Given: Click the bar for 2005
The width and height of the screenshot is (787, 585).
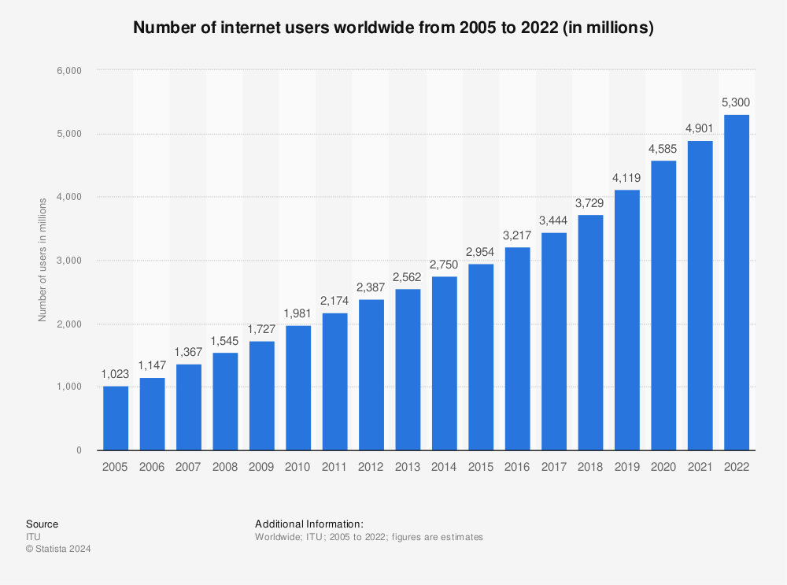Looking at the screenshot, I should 116,418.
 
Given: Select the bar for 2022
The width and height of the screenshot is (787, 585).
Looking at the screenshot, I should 737,283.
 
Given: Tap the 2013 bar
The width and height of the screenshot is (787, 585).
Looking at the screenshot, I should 408,369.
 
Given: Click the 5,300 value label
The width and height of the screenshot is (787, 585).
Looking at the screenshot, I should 737,102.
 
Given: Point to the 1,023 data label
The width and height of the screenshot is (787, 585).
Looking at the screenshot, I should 116,374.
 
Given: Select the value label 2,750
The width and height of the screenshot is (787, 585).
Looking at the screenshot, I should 444,265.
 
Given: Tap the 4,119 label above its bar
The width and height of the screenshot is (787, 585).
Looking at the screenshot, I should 627,178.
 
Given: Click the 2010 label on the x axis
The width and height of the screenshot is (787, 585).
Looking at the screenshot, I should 298,467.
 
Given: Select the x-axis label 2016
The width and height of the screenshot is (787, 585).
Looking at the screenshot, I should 517,467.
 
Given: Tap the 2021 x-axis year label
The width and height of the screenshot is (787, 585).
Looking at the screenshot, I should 700,467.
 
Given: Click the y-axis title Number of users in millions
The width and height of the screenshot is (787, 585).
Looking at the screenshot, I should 43,260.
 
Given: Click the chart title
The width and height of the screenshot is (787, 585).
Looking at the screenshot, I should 393,28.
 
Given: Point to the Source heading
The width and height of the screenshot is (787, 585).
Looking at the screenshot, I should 42,524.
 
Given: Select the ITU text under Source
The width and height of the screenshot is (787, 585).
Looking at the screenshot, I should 33,537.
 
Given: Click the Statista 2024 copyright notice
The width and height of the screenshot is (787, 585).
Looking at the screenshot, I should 58,550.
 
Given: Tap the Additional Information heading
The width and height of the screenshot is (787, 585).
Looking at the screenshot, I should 309,524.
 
